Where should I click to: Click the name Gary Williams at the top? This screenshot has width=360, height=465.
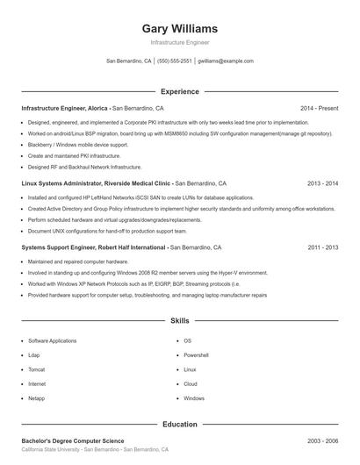click(179, 28)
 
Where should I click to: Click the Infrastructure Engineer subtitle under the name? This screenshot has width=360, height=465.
click(179, 42)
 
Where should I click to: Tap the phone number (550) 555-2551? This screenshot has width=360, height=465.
click(174, 61)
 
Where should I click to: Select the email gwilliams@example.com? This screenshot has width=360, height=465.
click(226, 61)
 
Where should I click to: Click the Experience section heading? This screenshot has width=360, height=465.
click(179, 91)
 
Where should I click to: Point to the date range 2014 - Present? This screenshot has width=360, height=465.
click(320, 108)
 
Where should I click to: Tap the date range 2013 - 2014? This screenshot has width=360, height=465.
click(322, 183)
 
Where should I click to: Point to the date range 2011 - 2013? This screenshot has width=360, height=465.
click(322, 247)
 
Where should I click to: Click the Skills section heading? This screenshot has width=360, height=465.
click(179, 321)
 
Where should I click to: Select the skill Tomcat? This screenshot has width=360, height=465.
click(37, 369)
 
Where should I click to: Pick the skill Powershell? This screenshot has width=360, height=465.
click(196, 355)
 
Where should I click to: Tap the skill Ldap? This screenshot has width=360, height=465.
click(34, 355)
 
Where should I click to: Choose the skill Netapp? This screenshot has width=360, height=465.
click(37, 398)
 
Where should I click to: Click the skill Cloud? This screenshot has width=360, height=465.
click(191, 384)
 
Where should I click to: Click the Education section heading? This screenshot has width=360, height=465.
click(179, 424)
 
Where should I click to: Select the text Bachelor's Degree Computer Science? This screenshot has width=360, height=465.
click(72, 440)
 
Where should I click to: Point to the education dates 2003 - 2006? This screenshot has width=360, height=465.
click(322, 440)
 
